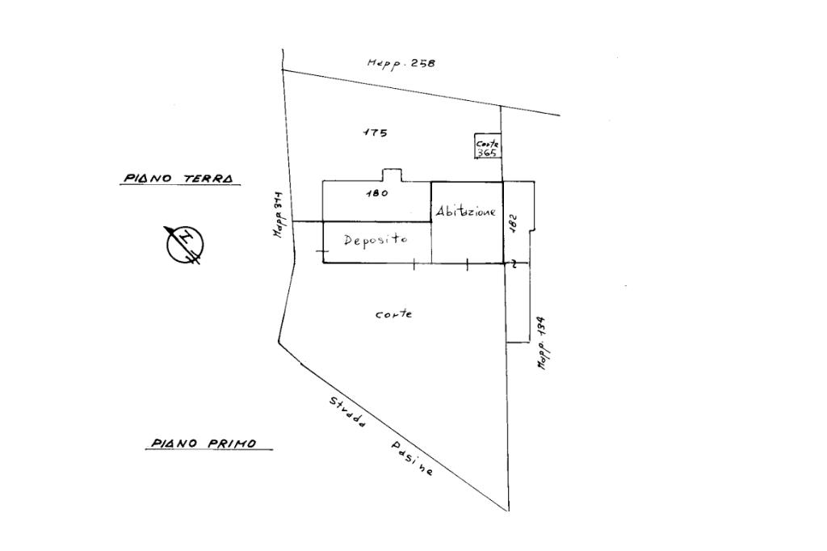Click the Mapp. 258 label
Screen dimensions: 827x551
(x=401, y=63)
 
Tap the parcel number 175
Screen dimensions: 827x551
(x=376, y=132)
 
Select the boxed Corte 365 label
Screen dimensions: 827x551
(x=487, y=147)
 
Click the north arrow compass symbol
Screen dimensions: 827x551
(x=185, y=244)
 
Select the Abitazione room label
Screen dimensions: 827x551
(x=466, y=212)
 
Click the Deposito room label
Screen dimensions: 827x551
(x=376, y=240)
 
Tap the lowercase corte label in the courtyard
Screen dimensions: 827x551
(x=393, y=314)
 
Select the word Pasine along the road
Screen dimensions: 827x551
(x=413, y=459)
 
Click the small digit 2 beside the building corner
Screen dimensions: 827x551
(x=514, y=263)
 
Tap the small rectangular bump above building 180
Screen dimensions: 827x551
(x=391, y=175)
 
